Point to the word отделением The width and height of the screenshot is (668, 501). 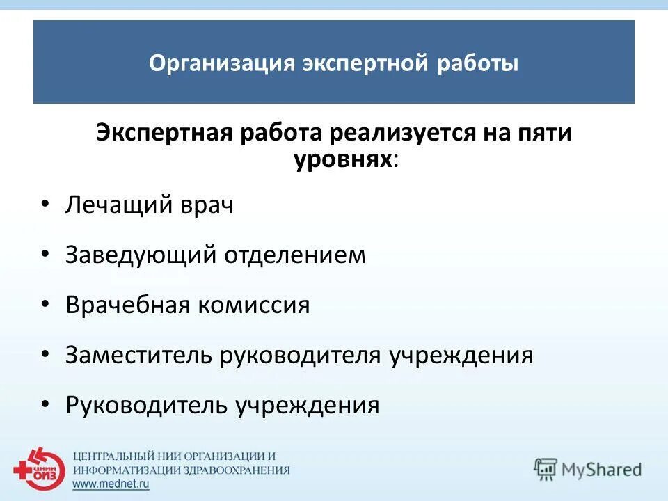(294, 255)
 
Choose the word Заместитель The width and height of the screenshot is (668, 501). (138, 356)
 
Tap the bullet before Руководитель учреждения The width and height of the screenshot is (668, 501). (45, 404)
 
